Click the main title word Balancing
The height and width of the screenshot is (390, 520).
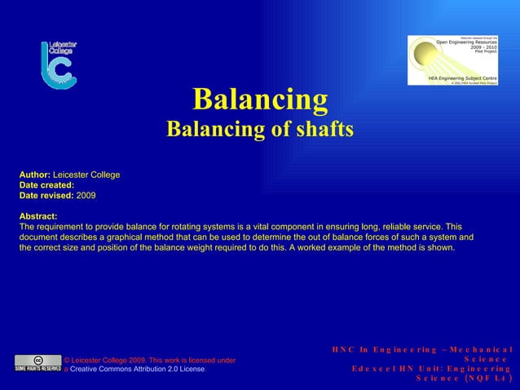click(260, 100)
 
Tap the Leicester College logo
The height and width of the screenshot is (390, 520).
click(58, 64)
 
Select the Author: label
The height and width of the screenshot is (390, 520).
click(34, 175)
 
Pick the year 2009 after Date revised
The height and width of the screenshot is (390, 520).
click(86, 197)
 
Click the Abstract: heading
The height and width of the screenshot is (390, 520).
click(37, 216)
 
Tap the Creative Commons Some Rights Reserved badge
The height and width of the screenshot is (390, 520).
click(37, 363)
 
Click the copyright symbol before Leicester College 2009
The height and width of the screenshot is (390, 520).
click(67, 359)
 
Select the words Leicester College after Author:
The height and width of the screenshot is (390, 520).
click(86, 175)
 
